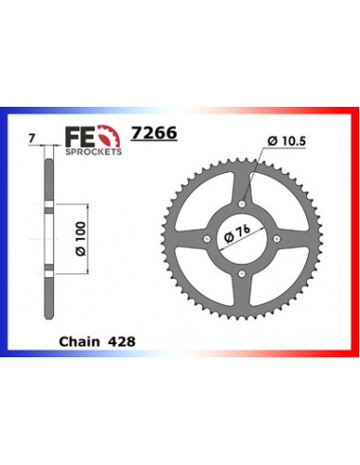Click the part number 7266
(154, 132)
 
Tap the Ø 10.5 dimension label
(286, 141)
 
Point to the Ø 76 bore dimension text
(237, 233)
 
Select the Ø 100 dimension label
(81, 239)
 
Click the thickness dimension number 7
(31, 139)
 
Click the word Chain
(79, 341)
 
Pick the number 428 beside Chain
(122, 341)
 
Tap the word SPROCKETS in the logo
(94, 152)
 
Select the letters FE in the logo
(80, 137)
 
